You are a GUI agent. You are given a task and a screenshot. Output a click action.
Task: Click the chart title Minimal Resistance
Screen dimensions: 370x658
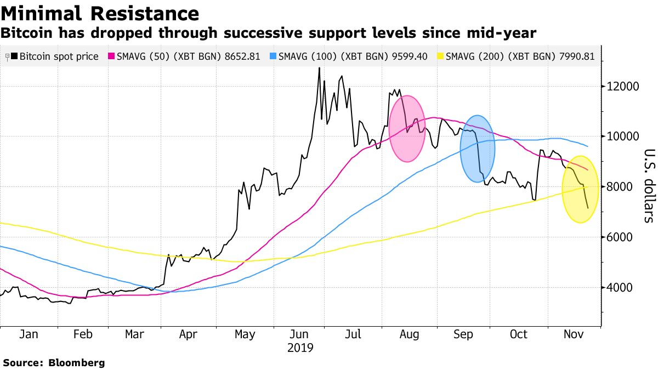click(100, 13)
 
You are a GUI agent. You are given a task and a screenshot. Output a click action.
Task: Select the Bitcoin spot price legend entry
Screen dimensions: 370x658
click(55, 56)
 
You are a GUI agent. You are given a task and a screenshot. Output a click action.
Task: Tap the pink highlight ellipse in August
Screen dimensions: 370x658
click(407, 129)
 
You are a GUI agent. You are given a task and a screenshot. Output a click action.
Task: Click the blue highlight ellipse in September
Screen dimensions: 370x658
click(478, 149)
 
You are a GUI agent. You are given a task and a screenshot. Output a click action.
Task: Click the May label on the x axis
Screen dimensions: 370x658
click(244, 335)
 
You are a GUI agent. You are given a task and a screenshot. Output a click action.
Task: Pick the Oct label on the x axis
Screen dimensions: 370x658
click(518, 335)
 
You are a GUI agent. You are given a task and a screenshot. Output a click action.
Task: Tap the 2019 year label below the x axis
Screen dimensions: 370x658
click(299, 348)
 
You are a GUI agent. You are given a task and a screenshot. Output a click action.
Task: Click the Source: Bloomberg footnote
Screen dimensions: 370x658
click(54, 362)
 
